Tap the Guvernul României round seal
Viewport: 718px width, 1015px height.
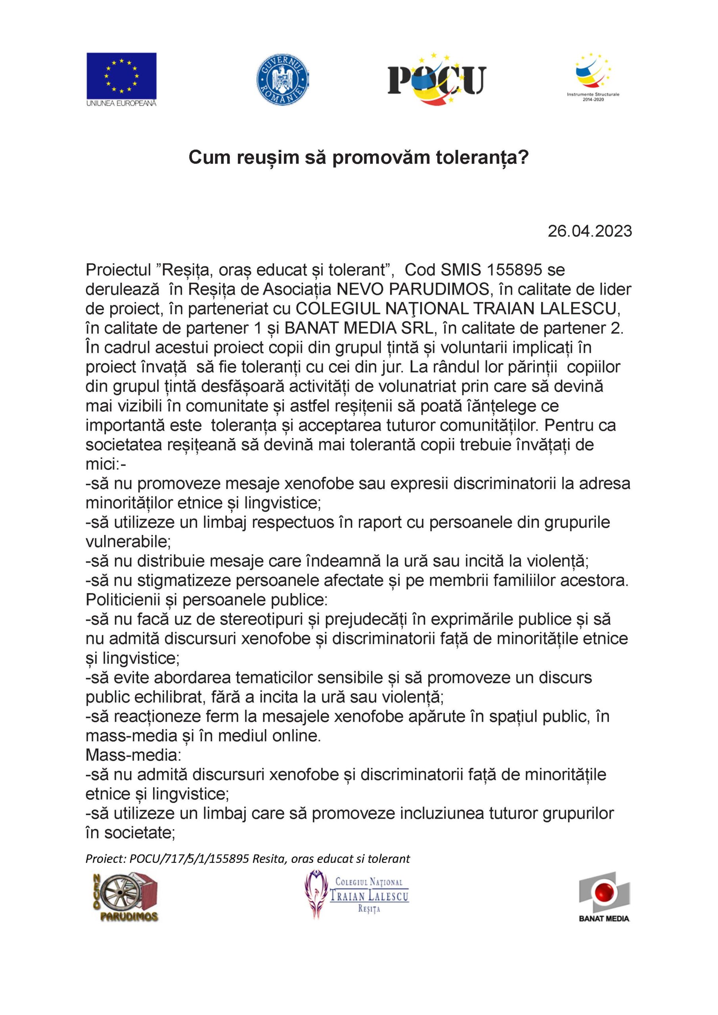[x=283, y=80]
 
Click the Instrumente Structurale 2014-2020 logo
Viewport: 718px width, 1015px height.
[x=594, y=78]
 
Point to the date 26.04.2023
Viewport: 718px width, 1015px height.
[x=590, y=231]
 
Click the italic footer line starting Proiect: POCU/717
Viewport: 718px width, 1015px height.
[x=247, y=858]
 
